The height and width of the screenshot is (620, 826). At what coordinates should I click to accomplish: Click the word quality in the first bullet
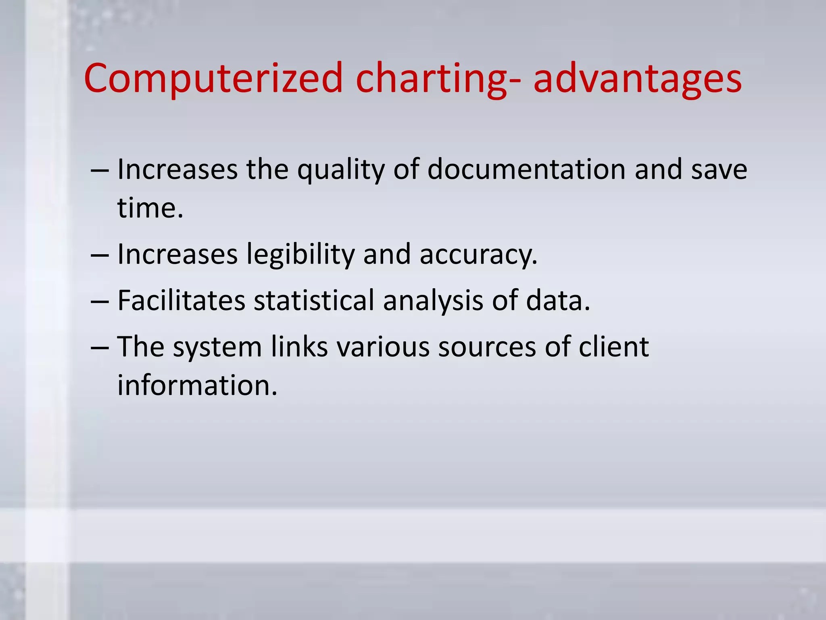(x=341, y=170)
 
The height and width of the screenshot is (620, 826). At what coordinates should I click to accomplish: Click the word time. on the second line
(x=150, y=208)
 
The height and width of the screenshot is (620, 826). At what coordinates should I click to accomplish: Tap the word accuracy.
(x=478, y=255)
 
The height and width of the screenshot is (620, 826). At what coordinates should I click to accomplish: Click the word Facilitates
(x=181, y=300)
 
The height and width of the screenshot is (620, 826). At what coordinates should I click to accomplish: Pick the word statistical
(x=314, y=300)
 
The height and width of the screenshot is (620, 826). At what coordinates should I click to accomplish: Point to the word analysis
(x=433, y=300)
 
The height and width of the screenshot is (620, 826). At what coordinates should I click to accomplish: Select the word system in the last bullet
(x=217, y=347)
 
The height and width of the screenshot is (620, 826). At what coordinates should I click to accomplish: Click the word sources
(x=487, y=347)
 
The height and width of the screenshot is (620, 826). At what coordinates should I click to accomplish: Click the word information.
(x=197, y=385)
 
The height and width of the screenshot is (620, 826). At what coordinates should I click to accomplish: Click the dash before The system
(x=100, y=348)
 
